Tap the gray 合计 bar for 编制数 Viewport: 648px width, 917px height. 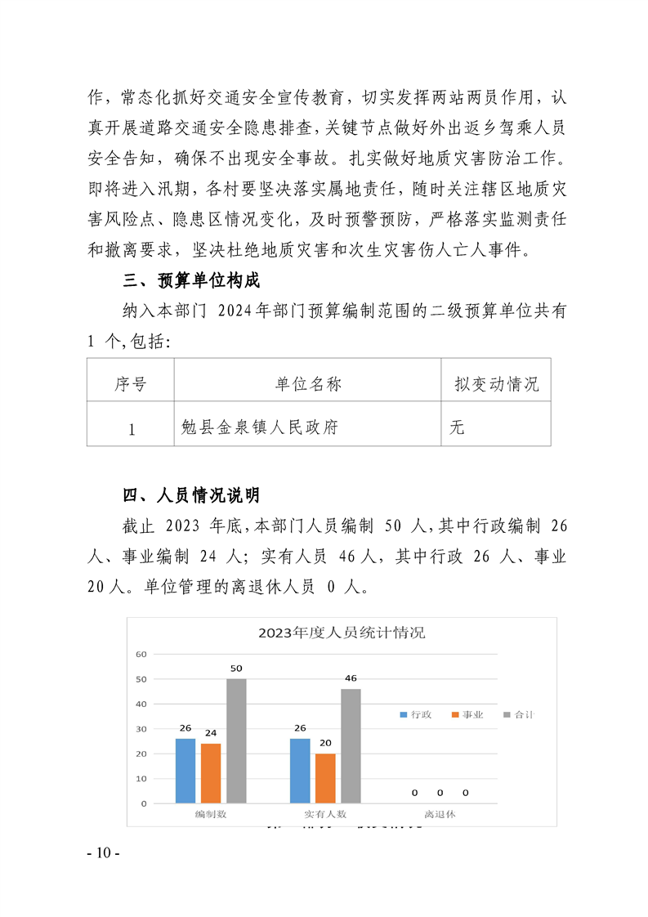(236, 740)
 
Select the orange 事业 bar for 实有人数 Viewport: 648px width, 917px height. (325, 778)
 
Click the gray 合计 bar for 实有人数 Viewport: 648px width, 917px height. (351, 745)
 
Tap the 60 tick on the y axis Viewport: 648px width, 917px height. (141, 654)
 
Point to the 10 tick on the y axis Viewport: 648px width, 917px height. (141, 779)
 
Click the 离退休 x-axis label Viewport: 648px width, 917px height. (440, 815)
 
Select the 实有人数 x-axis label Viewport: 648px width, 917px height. (325, 815)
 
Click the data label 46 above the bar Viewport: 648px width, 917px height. (351, 678)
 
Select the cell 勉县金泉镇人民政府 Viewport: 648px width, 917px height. (261, 427)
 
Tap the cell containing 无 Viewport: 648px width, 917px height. (457, 427)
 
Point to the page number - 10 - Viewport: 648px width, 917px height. (104, 853)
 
